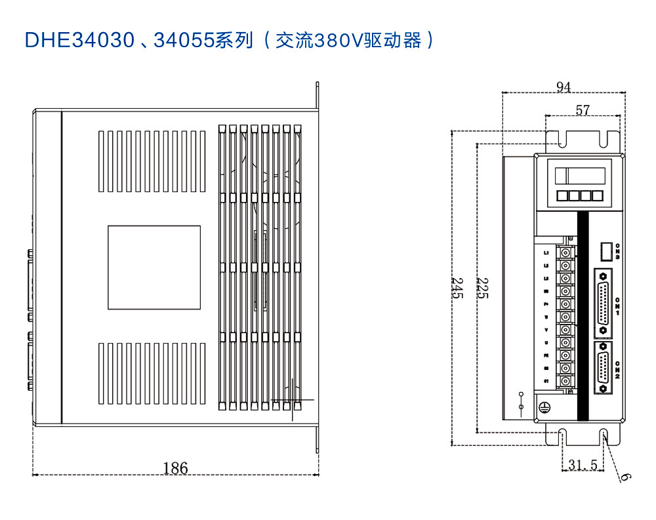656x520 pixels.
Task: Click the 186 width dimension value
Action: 175,468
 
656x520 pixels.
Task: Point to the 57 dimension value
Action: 583,110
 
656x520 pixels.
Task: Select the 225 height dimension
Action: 482,287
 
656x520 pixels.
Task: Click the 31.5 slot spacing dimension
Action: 583,465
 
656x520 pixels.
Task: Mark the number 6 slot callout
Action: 625,477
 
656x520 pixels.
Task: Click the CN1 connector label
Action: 618,306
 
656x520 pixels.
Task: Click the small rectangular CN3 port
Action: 606,252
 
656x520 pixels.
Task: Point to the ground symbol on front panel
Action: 543,407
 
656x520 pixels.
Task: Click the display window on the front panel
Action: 579,176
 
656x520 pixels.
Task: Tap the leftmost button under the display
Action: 563,196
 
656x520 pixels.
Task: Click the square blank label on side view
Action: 154,267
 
